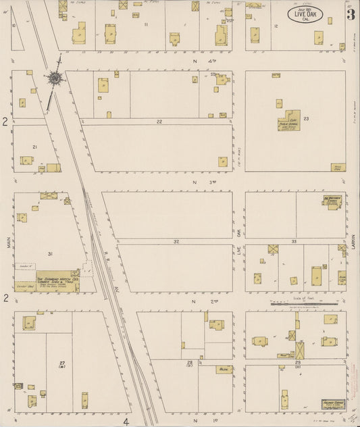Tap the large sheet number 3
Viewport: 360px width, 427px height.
[x=351, y=14]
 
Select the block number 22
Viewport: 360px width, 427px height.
[x=159, y=122]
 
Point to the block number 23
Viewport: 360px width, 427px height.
[x=306, y=119]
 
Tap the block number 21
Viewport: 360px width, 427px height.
[x=34, y=147]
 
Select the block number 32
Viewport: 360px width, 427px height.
[x=176, y=241]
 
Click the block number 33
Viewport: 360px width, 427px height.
[x=294, y=241]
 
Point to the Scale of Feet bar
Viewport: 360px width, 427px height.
[x=304, y=303]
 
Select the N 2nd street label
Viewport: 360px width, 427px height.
[x=197, y=301]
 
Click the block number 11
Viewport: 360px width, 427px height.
[x=146, y=24]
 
